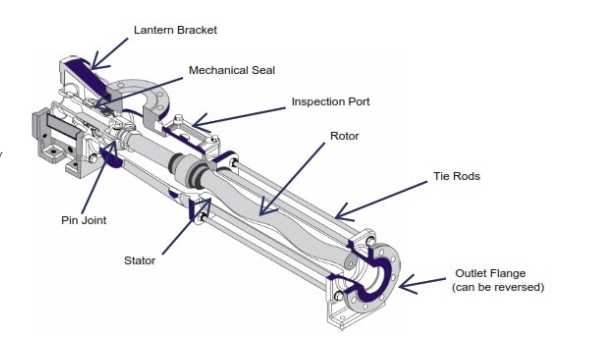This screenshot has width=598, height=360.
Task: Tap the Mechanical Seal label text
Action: [x=231, y=71]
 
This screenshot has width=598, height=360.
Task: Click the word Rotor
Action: [x=344, y=134]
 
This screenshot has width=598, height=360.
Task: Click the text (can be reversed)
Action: [x=496, y=287]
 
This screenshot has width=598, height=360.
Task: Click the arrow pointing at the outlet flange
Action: [x=425, y=283]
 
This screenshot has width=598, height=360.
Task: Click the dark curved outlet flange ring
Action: [x=379, y=275]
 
